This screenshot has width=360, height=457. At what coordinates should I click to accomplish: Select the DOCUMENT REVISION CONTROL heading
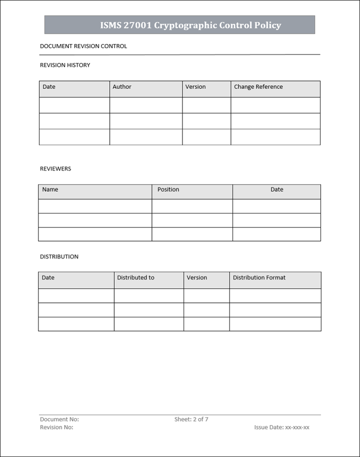(x=83, y=46)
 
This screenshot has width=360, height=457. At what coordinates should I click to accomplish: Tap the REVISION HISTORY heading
(x=65, y=65)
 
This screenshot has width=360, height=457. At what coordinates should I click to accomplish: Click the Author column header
(x=122, y=87)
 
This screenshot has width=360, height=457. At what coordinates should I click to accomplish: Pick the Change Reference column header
(x=258, y=87)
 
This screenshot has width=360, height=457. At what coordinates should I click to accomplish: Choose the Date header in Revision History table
(x=49, y=87)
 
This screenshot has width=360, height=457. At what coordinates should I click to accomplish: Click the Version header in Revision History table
(x=195, y=87)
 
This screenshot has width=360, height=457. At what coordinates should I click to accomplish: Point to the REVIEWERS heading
(x=55, y=169)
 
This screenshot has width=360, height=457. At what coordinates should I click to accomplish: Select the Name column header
(x=50, y=190)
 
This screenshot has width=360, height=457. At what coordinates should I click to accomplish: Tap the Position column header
(x=168, y=190)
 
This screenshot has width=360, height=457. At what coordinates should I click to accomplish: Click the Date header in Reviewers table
(x=277, y=190)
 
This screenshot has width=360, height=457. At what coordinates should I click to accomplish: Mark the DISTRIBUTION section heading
(x=59, y=257)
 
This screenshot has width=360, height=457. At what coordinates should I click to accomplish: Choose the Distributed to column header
(x=135, y=278)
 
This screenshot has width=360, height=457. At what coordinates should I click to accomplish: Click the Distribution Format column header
(x=259, y=278)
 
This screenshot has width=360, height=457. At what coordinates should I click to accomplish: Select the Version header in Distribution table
(x=196, y=278)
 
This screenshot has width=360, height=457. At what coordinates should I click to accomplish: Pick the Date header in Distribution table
(x=48, y=278)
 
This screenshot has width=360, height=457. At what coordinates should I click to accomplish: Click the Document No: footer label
(x=59, y=419)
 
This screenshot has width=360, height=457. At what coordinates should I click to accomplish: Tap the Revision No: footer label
(x=56, y=427)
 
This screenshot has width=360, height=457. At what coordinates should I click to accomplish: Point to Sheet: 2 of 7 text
(x=191, y=419)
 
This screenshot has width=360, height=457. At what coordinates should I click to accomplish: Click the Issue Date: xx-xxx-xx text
(x=282, y=427)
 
